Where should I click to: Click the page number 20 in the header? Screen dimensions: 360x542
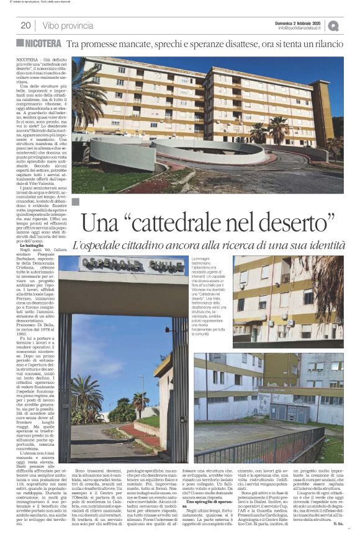(25, 25)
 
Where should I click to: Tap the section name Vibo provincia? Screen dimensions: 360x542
(68, 25)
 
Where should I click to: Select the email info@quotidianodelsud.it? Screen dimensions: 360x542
(300, 28)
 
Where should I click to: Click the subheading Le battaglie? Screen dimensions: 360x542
(26, 246)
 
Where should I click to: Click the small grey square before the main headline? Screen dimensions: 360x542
(76, 202)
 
